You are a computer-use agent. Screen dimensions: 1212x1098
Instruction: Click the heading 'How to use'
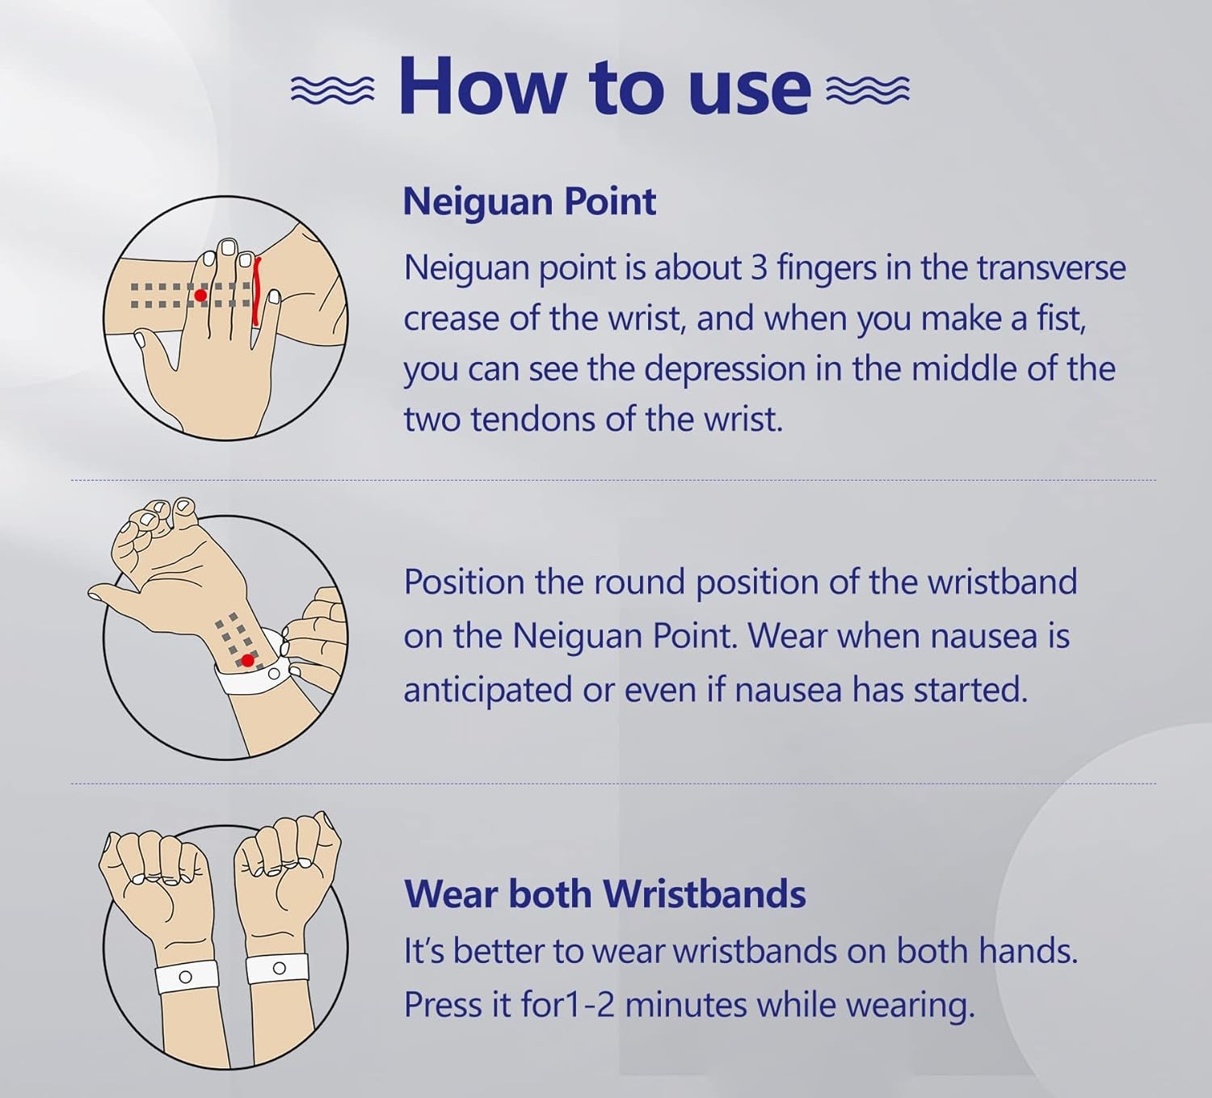tap(604, 85)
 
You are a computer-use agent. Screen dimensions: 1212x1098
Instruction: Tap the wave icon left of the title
tap(332, 90)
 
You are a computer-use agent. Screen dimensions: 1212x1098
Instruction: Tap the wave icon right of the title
tap(868, 90)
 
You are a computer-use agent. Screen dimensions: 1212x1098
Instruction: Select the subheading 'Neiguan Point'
tap(529, 202)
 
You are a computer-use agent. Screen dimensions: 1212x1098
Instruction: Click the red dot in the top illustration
tap(200, 296)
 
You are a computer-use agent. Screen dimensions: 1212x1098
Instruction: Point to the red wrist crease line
tap(257, 292)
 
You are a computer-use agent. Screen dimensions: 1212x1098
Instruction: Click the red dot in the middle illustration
tap(248, 660)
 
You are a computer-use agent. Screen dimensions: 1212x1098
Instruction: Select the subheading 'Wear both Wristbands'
tap(605, 894)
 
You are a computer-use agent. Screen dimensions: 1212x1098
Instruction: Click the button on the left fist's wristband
tap(186, 977)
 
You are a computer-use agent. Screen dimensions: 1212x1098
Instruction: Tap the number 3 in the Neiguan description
tap(760, 267)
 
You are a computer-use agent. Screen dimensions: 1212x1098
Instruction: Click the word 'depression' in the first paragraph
tap(725, 370)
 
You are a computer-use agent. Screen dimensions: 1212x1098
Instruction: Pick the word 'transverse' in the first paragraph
tap(1052, 267)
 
